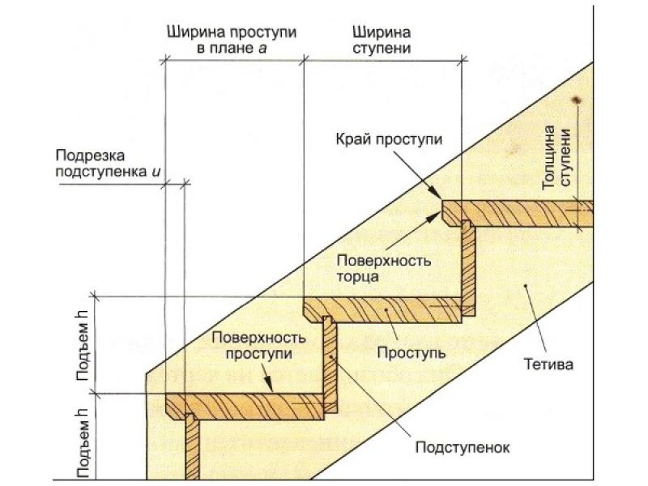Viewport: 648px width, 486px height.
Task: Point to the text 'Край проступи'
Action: (389, 139)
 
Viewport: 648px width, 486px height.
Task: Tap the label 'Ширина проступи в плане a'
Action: (232, 40)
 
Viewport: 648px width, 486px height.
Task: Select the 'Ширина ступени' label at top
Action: (381, 40)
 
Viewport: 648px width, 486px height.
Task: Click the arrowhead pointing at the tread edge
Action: (437, 194)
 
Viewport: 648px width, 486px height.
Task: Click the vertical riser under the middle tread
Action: (329, 364)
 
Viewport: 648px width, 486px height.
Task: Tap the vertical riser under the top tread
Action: (468, 267)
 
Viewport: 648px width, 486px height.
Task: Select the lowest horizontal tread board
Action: (243, 403)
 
